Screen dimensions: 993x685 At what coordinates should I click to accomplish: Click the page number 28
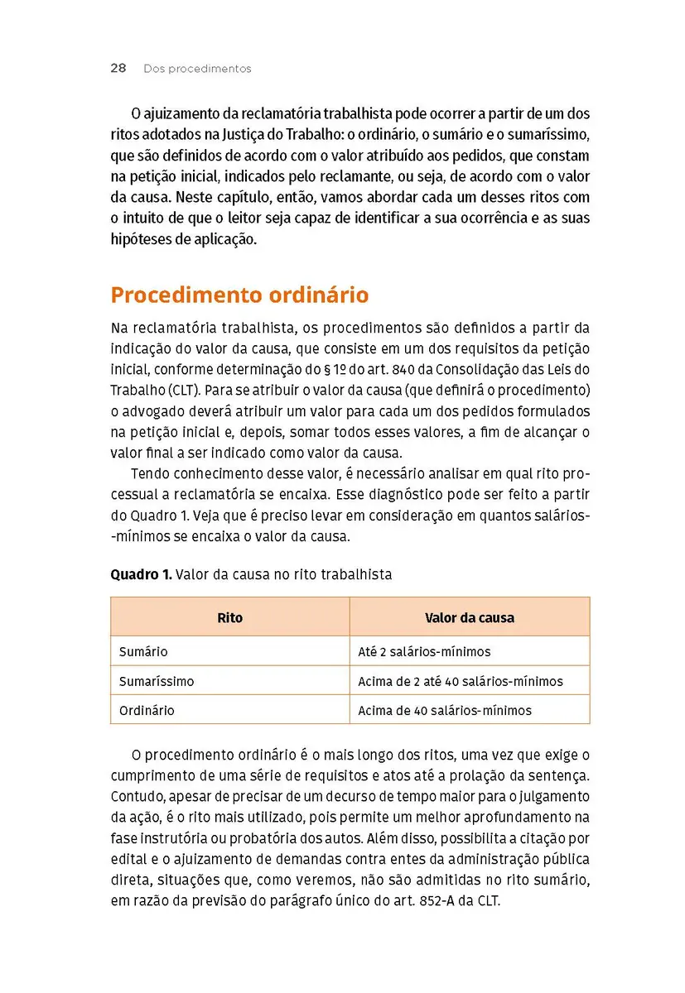pyautogui.click(x=118, y=69)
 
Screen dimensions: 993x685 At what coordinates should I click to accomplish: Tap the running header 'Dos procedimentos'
pyautogui.click(x=197, y=69)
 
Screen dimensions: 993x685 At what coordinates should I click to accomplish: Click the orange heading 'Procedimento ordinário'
pyautogui.click(x=239, y=295)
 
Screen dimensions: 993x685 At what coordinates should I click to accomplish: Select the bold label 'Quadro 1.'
pyautogui.click(x=141, y=575)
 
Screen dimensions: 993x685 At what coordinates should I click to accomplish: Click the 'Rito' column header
pyautogui.click(x=229, y=617)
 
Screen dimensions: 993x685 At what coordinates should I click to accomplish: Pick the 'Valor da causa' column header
pyautogui.click(x=469, y=617)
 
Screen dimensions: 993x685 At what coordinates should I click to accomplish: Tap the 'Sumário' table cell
pyautogui.click(x=143, y=651)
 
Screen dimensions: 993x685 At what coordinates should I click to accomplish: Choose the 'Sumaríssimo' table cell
pyautogui.click(x=157, y=681)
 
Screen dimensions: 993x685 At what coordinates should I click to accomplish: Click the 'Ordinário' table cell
pyautogui.click(x=147, y=710)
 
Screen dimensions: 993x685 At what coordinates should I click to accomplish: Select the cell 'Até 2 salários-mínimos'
pyautogui.click(x=424, y=651)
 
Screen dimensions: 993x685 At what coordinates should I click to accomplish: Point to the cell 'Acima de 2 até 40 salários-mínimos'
pyautogui.click(x=460, y=681)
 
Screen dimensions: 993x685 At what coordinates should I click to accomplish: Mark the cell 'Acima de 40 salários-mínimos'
pyautogui.click(x=445, y=710)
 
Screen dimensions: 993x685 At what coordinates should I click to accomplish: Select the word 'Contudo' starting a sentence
pyautogui.click(x=137, y=796)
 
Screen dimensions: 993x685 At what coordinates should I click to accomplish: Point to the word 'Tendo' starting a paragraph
pyautogui.click(x=148, y=475)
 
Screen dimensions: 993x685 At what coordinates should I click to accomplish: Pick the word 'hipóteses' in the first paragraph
pyautogui.click(x=139, y=240)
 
